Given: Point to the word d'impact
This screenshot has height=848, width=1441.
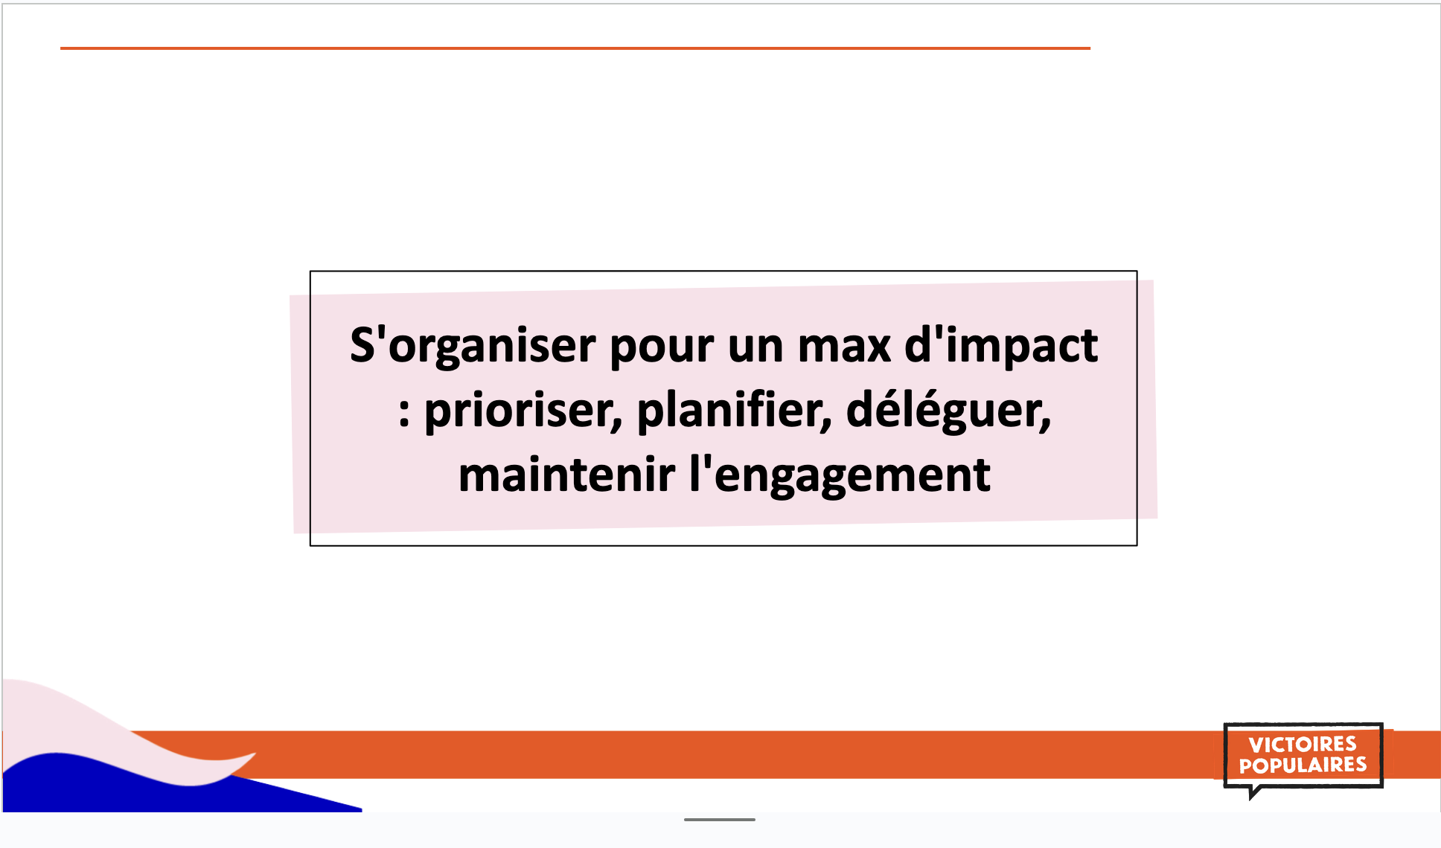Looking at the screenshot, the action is [x=1002, y=347].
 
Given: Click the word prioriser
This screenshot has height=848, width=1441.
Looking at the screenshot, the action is [x=523, y=411].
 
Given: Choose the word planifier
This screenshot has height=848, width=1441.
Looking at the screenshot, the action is [x=734, y=411].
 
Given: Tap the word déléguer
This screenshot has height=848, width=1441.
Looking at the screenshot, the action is [x=949, y=411].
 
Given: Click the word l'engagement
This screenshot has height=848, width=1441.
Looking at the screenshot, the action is [x=840, y=476].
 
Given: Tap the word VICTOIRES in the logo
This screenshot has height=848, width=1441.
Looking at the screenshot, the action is [x=1303, y=745].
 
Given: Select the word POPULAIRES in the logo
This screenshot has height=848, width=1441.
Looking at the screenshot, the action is [x=1303, y=765].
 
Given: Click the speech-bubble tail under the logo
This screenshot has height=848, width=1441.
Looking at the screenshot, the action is [x=1255, y=793].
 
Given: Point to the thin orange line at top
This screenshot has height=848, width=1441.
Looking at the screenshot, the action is [x=575, y=48].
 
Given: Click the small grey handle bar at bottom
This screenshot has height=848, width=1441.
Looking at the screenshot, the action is [x=720, y=820].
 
